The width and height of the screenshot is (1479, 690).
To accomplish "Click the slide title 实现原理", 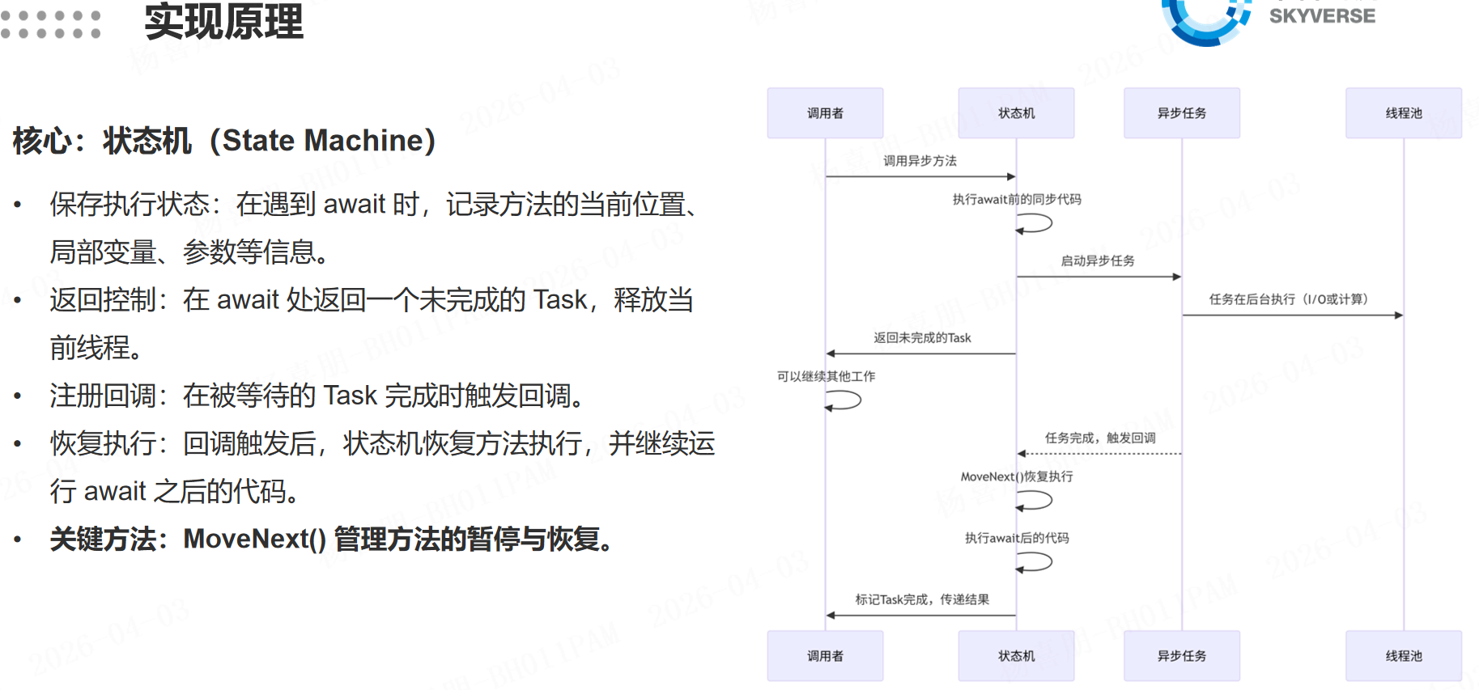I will (223, 22).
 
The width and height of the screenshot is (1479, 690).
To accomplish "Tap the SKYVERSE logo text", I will (1321, 16).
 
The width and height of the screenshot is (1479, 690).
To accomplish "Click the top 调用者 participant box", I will (825, 113).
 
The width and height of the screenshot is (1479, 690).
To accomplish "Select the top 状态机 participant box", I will (1016, 113).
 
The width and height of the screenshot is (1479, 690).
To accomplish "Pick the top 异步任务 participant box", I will (1181, 113).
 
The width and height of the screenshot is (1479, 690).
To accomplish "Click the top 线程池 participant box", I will (1403, 113).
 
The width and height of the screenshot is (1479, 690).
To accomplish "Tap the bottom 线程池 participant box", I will (1403, 656).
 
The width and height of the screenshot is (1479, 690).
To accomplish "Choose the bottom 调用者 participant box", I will (825, 656).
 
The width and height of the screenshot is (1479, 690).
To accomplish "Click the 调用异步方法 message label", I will (920, 161).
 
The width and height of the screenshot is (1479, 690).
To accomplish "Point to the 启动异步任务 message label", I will (1098, 260).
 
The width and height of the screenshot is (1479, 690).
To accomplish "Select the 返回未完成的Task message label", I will (922, 338).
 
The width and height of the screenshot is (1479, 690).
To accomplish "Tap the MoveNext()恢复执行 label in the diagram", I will (1017, 476).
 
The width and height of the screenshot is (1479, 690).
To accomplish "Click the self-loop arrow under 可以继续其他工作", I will (845, 400).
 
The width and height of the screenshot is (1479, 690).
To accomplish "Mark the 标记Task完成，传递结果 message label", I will (922, 599).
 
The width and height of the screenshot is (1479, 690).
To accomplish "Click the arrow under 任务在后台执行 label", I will (1292, 315).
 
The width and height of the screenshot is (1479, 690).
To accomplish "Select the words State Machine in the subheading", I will (324, 141).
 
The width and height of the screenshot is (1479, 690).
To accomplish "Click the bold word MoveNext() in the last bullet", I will (254, 539).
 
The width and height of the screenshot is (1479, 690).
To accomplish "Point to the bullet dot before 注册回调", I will (18, 396).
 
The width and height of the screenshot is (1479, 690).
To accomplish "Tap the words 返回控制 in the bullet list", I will (103, 300).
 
